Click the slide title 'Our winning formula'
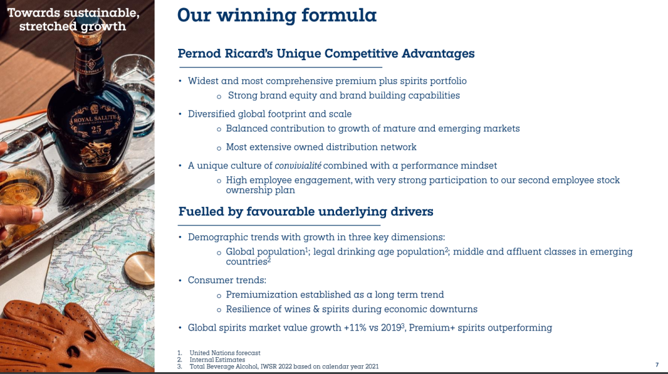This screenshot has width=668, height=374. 277,15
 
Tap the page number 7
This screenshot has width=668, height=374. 657,365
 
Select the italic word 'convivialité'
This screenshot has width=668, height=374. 298,165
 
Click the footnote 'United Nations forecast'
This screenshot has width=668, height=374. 225,353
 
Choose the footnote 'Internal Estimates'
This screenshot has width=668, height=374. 217,360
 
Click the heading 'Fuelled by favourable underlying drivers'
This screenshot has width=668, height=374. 306,212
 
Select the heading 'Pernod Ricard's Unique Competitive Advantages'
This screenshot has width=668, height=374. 326,54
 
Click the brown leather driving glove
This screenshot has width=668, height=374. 64,337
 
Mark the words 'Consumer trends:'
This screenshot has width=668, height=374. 227,280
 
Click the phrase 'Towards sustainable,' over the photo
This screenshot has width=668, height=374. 73,13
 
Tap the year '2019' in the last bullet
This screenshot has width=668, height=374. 391,328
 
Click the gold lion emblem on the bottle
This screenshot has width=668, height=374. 96,154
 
